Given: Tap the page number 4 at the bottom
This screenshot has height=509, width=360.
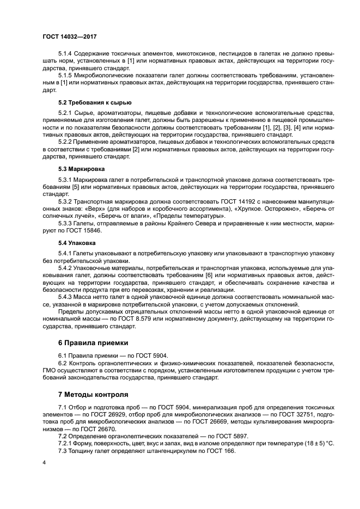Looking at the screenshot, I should tap(43, 462).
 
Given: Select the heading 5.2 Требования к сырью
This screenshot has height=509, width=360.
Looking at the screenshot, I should tap(94, 102).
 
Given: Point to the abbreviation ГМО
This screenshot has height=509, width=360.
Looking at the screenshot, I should tap(51, 370).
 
